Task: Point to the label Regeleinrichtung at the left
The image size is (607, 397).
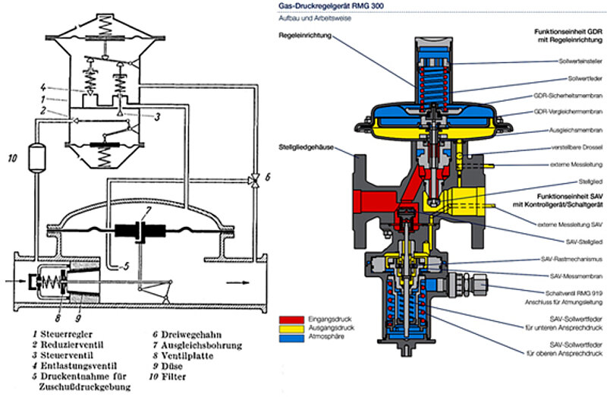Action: tap(303, 36)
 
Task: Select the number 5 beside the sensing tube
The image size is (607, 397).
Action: tap(127, 266)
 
